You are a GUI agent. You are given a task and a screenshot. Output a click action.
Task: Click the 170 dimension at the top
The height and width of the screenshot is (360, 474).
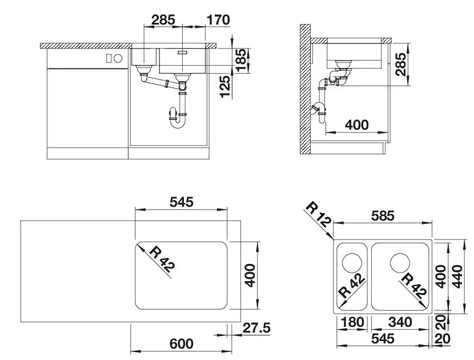(x=218, y=20)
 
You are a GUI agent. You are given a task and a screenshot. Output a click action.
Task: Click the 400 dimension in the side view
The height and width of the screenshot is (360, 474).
(x=357, y=125)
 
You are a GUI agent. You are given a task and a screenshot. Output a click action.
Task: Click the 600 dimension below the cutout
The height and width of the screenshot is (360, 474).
(x=182, y=343)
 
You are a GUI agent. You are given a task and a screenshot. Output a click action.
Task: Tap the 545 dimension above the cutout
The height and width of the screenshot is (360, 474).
(x=182, y=202)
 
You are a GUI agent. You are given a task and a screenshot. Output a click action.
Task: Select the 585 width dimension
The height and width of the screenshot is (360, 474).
(x=383, y=216)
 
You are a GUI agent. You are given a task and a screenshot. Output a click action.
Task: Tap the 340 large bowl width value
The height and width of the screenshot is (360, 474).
(x=399, y=322)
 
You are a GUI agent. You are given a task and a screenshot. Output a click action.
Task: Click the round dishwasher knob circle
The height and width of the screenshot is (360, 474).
(x=118, y=58)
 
